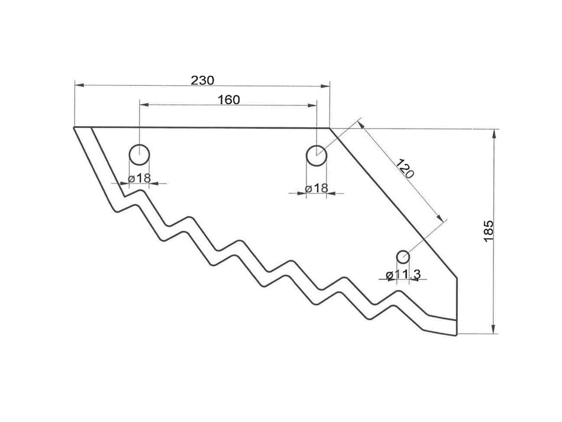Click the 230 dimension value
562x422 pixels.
(x=202, y=79)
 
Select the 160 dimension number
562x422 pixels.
(x=228, y=99)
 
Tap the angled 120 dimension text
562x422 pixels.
(x=404, y=170)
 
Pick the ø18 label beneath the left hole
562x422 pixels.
(x=140, y=178)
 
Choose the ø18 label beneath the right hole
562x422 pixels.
(x=316, y=188)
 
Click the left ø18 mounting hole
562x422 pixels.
(x=140, y=155)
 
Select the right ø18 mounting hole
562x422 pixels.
(x=316, y=156)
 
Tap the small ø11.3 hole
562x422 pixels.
(x=403, y=257)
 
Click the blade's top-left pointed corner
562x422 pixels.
(x=75, y=128)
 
